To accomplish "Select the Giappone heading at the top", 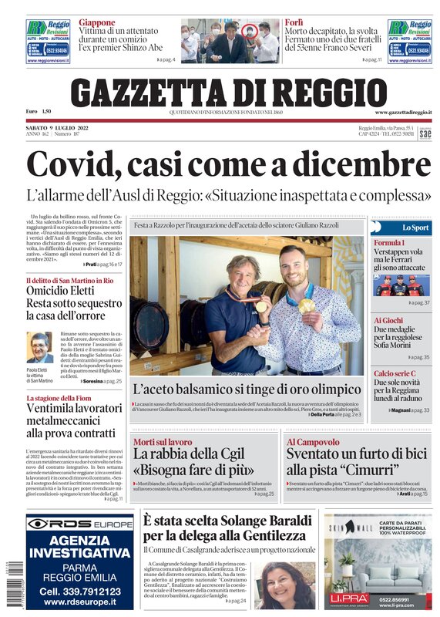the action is click(96, 23).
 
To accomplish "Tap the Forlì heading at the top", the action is click(293, 23).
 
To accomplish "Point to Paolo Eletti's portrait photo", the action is click(39, 348).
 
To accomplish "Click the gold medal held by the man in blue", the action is click(260, 307).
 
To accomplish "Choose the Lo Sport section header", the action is click(415, 228).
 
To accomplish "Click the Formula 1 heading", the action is click(389, 244).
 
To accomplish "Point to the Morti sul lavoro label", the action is click(163, 442).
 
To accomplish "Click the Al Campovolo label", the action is click(313, 442).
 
